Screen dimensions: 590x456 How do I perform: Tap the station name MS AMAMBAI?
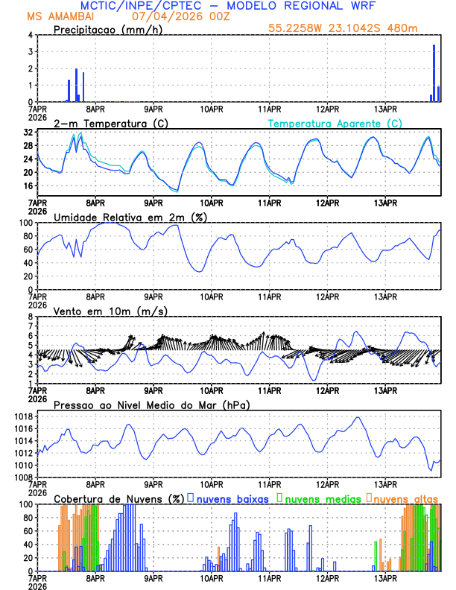[63, 16]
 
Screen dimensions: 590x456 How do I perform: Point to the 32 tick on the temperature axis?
[28, 132]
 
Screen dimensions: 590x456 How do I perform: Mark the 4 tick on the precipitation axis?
[30, 35]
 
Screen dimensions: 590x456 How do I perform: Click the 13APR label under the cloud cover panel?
[384, 578]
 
